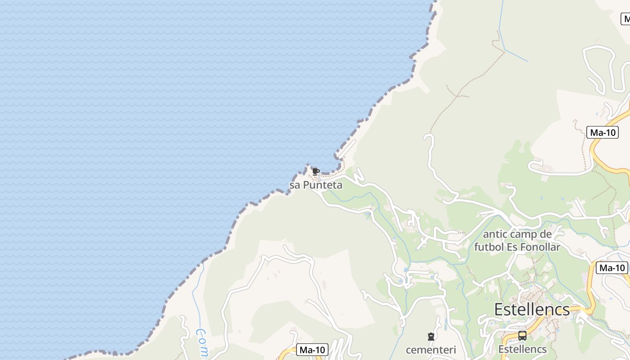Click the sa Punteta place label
316,185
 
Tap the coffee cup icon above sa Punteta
315,171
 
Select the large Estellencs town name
532,310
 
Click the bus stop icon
522,336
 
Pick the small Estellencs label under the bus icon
522,349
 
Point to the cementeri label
431,350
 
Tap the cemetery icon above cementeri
431,336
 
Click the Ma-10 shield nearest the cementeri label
312,350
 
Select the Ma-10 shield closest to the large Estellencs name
612,268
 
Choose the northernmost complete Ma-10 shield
603,132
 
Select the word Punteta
323,185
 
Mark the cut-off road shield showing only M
626,19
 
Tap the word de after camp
545,234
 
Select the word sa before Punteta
294,185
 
